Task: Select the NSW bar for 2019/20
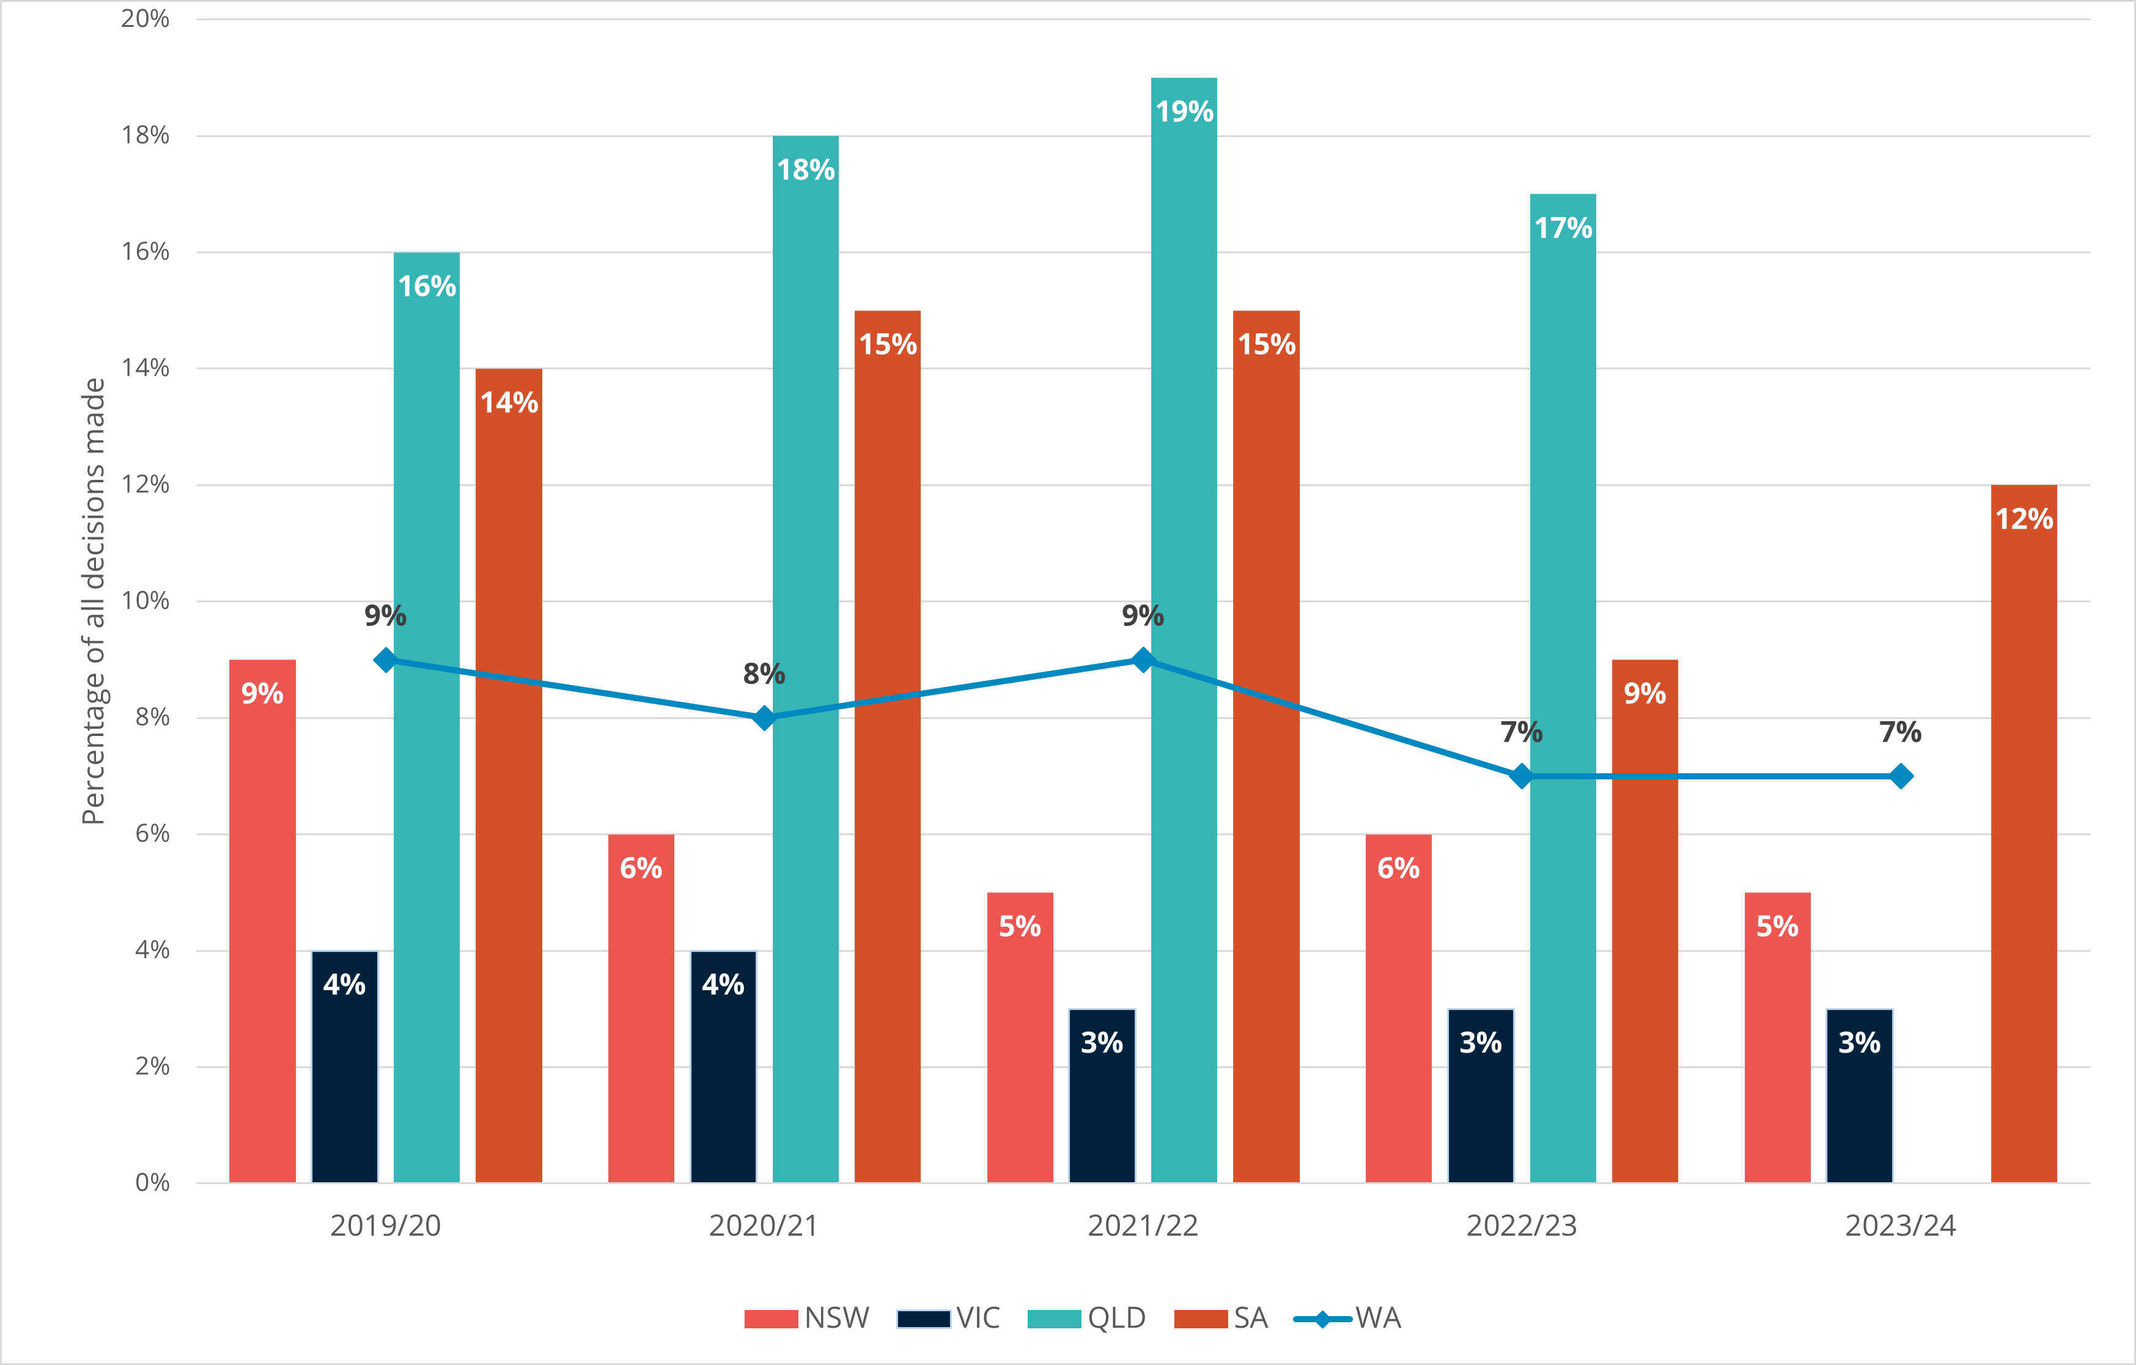tap(262, 931)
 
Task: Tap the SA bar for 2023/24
tap(2024, 842)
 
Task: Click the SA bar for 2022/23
tap(1644, 931)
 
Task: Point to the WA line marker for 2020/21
tap(764, 718)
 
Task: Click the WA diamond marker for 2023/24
tap(1900, 776)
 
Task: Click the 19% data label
tap(1184, 112)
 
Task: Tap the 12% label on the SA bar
tap(2024, 519)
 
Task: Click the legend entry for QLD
tap(1086, 1318)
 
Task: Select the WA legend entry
tap(1349, 1318)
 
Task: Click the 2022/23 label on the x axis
tap(1521, 1226)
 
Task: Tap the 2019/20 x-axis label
tap(385, 1226)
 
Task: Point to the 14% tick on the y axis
tap(145, 368)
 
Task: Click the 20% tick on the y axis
tap(145, 18)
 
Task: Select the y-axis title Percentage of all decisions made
tap(93, 600)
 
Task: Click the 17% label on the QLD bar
tap(1563, 229)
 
